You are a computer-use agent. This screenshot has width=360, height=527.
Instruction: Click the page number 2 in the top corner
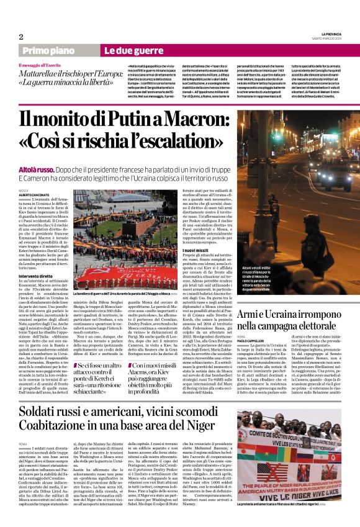tap(21, 37)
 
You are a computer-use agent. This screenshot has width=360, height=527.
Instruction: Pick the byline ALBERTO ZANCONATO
tap(34, 195)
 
